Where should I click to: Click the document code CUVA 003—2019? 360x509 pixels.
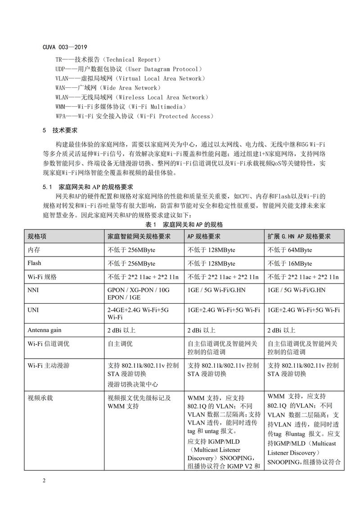click(65, 47)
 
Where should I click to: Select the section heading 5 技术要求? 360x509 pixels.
click(60, 130)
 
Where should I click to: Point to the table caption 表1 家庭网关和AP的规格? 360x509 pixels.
click(184, 224)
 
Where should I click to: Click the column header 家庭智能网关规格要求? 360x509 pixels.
click(139, 236)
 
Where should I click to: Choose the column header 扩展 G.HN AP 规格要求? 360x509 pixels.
click(299, 236)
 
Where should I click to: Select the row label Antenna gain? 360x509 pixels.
click(45, 330)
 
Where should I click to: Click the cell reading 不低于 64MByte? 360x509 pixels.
click(290, 250)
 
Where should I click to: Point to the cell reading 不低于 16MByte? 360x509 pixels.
click(290, 263)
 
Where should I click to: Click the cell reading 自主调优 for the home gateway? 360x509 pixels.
click(120, 343)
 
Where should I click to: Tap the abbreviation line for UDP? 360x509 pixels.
click(128, 69)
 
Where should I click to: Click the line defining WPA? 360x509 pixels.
click(133, 116)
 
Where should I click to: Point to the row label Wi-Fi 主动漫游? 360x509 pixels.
click(48, 365)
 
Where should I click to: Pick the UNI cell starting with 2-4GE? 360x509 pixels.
click(138, 314)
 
